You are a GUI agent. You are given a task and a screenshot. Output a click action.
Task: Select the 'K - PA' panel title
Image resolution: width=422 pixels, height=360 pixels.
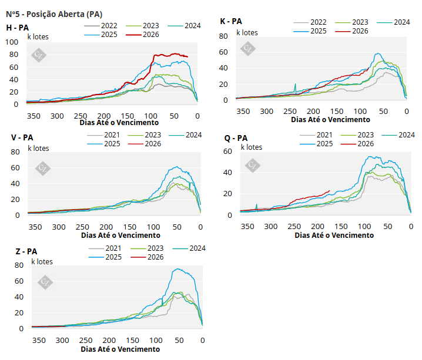click(x=231, y=21)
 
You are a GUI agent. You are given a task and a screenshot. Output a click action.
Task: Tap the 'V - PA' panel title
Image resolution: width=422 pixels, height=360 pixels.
click(x=22, y=137)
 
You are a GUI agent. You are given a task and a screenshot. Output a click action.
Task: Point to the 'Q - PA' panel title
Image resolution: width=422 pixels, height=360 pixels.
click(x=236, y=139)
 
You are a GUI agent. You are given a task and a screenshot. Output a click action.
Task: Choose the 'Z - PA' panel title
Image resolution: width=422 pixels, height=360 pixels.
click(x=25, y=251)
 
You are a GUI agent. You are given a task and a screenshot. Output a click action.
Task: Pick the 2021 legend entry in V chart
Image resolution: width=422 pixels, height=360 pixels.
click(x=108, y=135)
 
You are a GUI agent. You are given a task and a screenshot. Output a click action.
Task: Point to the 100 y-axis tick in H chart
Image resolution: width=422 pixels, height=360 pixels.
click(x=12, y=42)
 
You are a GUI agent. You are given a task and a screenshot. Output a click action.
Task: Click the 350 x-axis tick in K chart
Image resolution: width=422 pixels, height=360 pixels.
click(x=242, y=111)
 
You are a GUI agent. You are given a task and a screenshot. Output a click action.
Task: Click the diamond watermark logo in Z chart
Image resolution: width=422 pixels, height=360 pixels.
click(x=45, y=282)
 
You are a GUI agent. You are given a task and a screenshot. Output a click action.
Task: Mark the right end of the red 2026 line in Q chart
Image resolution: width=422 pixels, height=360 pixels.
click(x=330, y=190)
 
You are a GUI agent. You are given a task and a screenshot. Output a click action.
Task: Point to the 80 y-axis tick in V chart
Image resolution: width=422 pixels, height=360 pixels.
click(x=16, y=152)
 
